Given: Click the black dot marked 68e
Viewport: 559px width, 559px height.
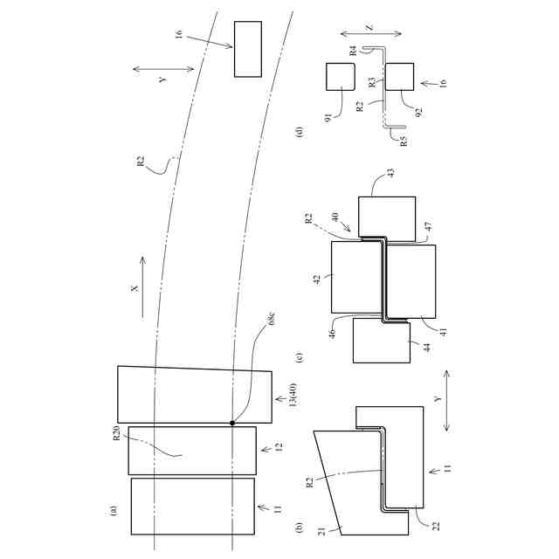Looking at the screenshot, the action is tap(232, 423).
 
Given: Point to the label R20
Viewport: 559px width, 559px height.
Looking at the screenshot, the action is tap(117, 433).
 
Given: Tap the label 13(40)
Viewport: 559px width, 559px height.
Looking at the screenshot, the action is tap(293, 395).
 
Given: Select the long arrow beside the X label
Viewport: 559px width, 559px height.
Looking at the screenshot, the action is tap(142, 287).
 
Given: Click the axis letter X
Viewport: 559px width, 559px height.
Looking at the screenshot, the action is tap(135, 288).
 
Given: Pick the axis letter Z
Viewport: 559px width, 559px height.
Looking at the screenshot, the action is tap(369, 27).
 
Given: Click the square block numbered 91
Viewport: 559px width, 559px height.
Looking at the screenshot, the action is tap(341, 77).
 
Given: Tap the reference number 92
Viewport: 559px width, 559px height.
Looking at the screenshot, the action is tap(419, 112).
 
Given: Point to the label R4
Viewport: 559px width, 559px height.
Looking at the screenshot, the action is tap(353, 51).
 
